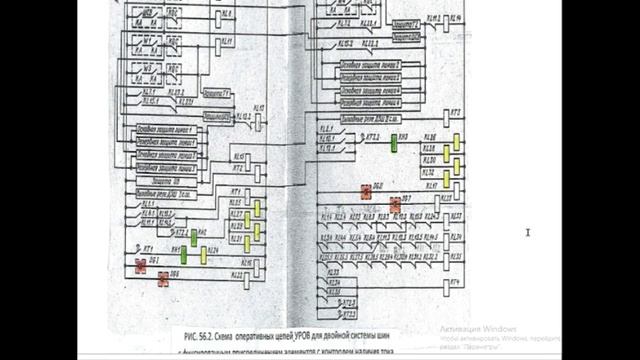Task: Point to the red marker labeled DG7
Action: [395, 205]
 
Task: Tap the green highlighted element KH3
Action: [394, 141]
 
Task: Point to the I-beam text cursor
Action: [529, 232]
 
